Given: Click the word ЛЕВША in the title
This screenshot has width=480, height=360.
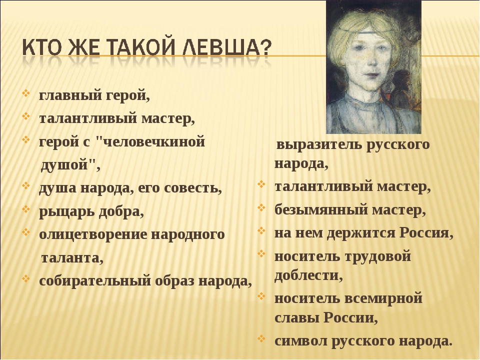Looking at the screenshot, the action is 227,47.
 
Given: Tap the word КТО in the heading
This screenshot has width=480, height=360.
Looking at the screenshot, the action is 42,47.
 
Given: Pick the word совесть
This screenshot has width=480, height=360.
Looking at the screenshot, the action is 193,188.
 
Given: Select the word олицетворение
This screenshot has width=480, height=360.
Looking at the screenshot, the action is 93,235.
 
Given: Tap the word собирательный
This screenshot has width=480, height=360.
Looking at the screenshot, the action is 95,281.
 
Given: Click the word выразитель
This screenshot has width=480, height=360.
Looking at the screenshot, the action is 318,145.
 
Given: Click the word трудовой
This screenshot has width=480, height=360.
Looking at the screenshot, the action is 378,256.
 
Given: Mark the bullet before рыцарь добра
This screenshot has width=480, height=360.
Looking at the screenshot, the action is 26,209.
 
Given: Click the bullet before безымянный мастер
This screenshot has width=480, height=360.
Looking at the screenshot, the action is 261,208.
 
